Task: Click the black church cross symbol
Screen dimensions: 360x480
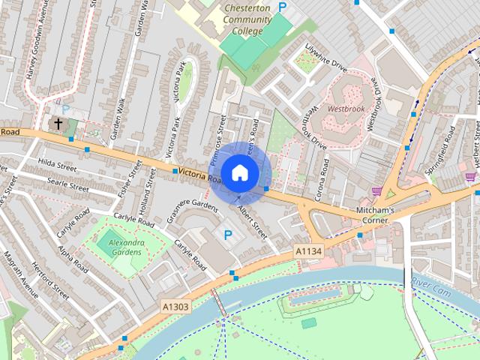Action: (x=58, y=123)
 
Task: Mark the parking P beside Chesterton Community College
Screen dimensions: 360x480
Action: (x=283, y=7)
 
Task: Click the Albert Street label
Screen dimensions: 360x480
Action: (x=252, y=223)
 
